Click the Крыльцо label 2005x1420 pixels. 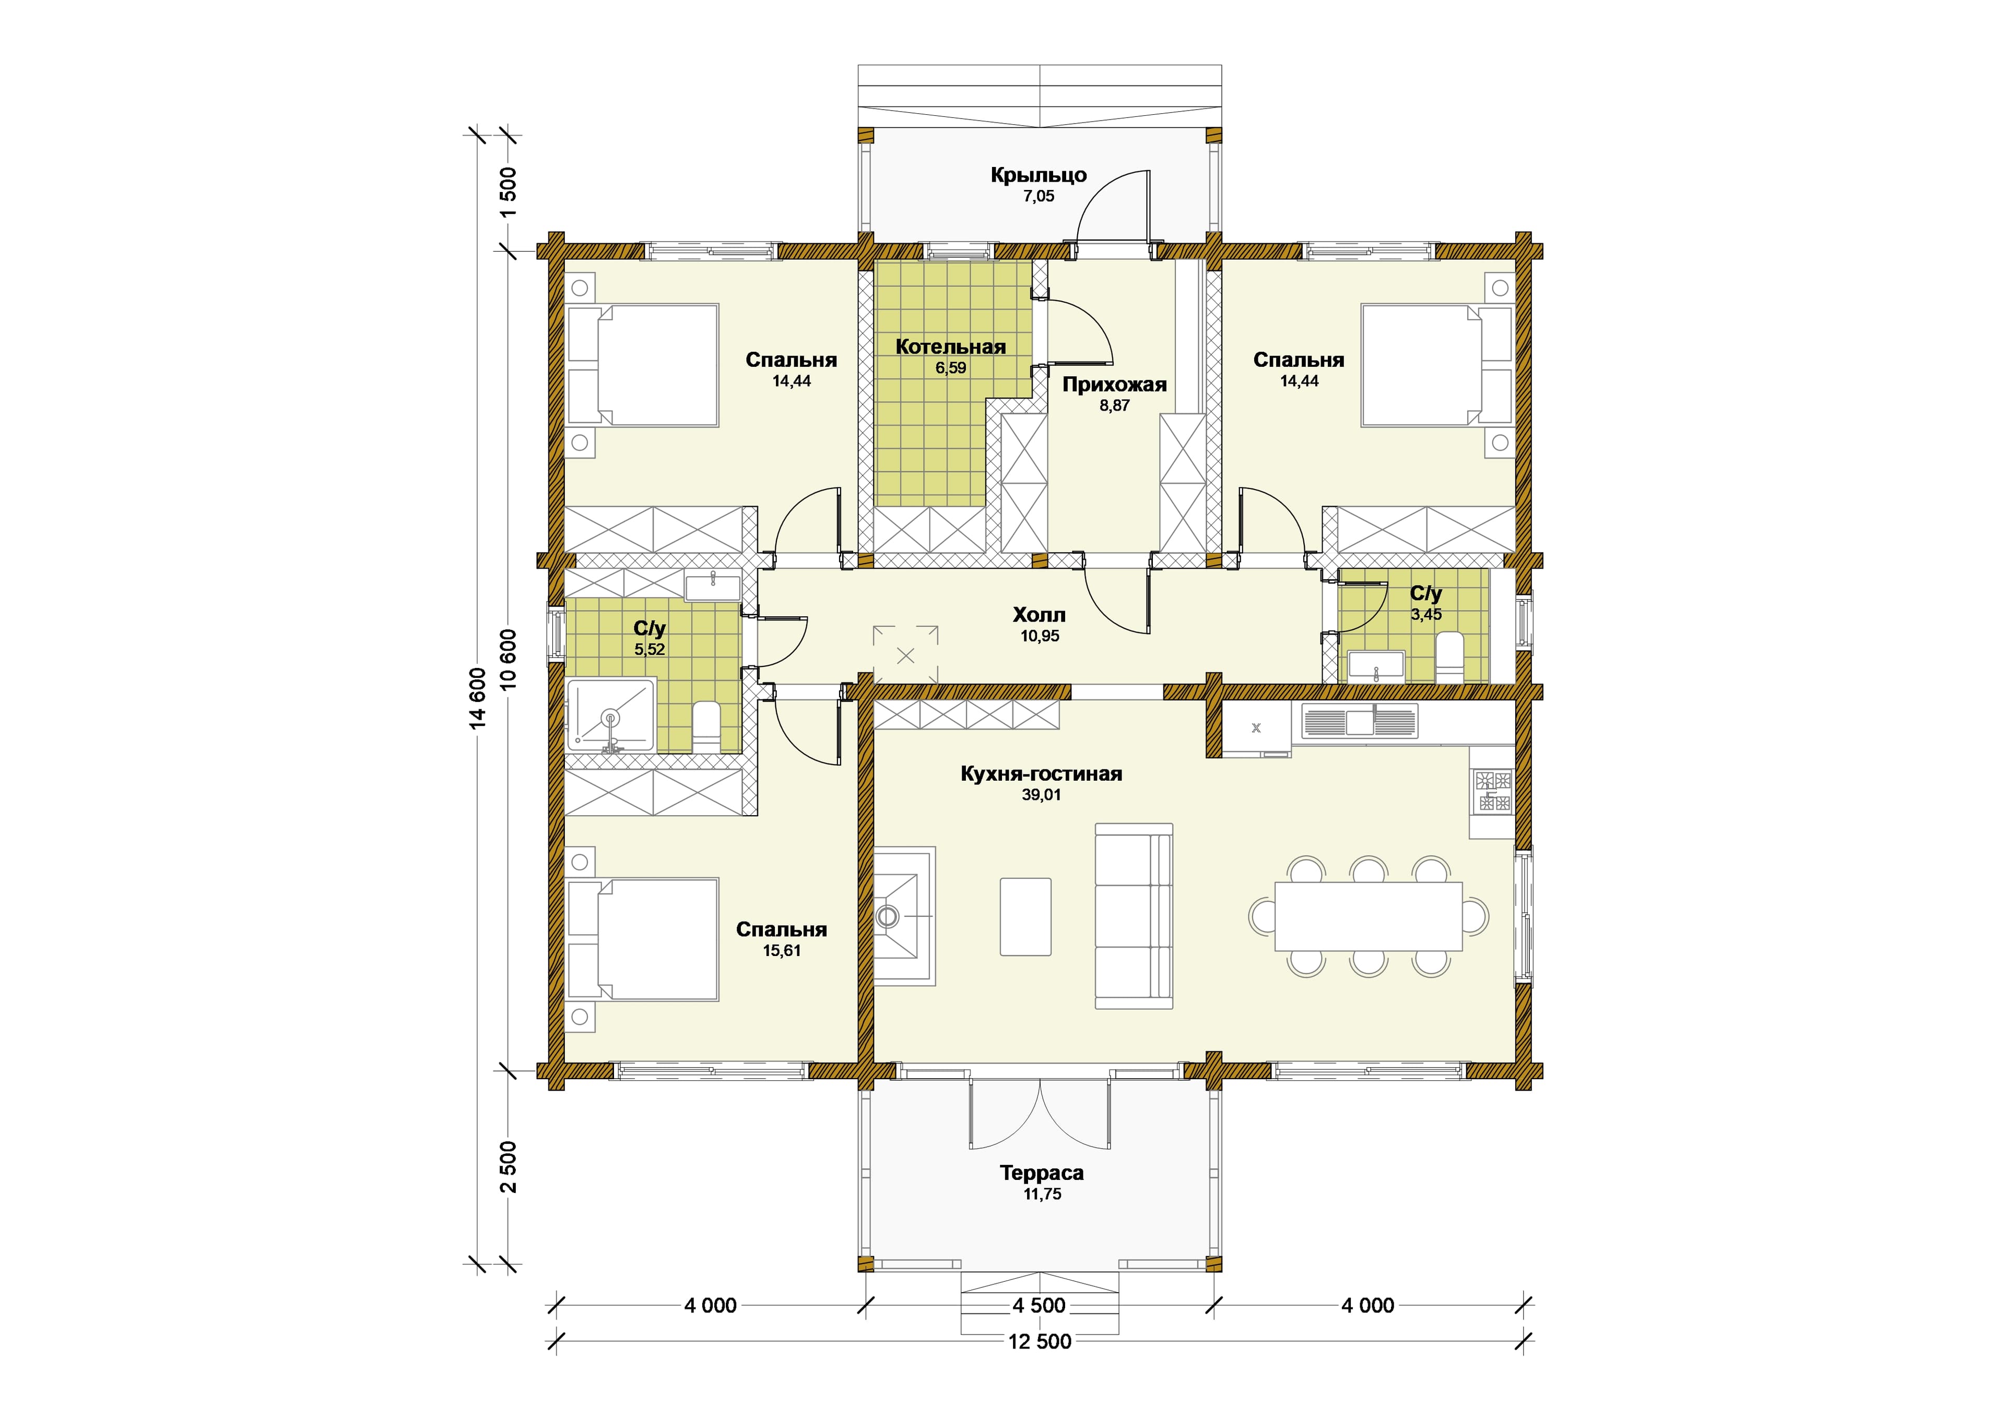(1039, 175)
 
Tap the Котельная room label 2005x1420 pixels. (951, 347)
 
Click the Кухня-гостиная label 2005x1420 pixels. (1041, 774)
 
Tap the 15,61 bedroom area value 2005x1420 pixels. (781, 951)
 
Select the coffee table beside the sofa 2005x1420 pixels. (1025, 916)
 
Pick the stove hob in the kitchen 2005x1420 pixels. (1493, 791)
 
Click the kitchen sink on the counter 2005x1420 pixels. (1360, 721)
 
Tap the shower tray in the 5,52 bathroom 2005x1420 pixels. (610, 715)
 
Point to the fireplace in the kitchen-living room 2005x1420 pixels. (904, 915)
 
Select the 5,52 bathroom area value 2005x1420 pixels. (650, 650)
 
